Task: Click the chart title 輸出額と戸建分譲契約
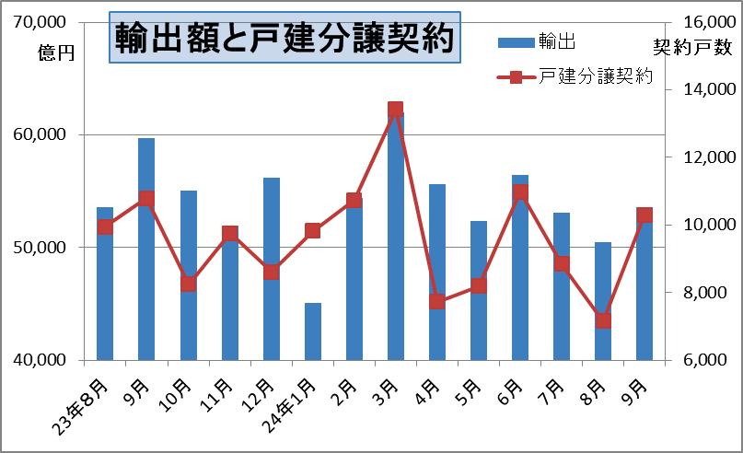click(284, 40)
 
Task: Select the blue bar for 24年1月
click(313, 331)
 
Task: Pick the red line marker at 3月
click(396, 110)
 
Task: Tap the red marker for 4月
click(437, 301)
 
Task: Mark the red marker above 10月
click(188, 284)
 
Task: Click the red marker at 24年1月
click(313, 230)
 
